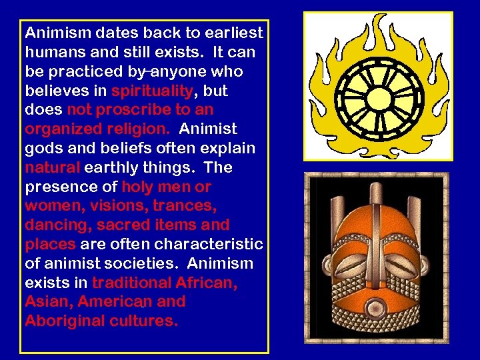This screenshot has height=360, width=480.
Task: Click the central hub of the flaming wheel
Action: (x=379, y=87)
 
